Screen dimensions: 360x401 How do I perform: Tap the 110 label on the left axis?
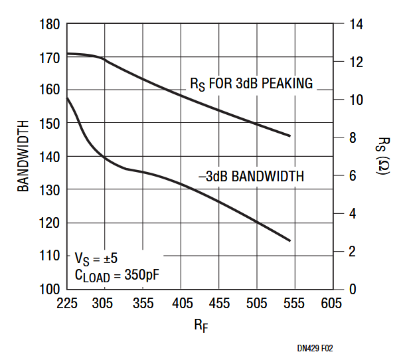pyautogui.click(x=50, y=256)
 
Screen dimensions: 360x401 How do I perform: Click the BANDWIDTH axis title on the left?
pyautogui.click(x=24, y=156)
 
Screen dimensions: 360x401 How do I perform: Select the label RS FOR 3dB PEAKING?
pyautogui.click(x=251, y=84)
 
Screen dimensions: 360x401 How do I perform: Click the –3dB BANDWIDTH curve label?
pyautogui.click(x=251, y=177)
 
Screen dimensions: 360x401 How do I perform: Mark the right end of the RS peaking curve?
pyautogui.click(x=290, y=135)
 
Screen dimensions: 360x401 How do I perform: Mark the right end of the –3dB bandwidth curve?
pyautogui.click(x=290, y=240)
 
